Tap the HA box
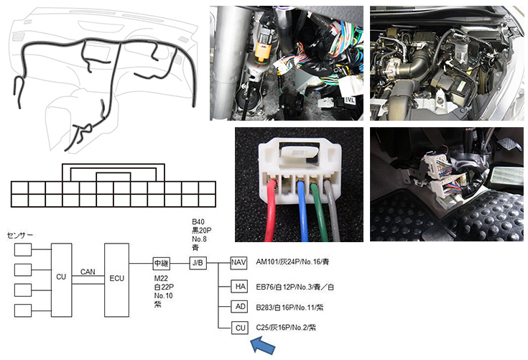coord(240,286)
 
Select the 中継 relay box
coord(161,263)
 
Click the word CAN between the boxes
coord(88,272)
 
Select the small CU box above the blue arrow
coord(240,328)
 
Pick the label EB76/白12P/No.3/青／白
coord(295,286)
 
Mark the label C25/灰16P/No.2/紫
coord(285,328)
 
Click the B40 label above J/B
coord(198,222)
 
